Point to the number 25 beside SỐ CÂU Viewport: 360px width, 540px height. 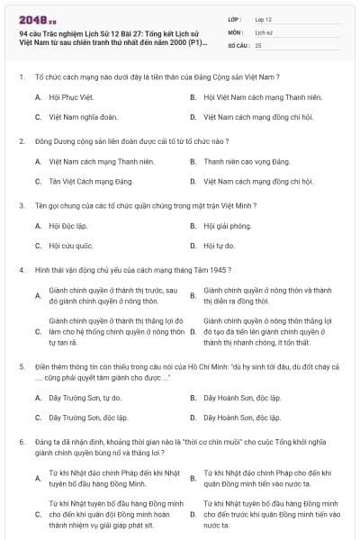coord(258,44)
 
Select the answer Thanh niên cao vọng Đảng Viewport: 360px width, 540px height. coord(234,161)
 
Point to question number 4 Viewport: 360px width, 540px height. coord(21,269)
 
